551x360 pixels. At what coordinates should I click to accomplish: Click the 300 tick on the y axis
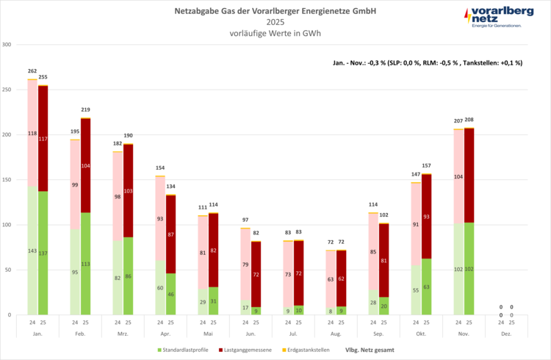pos(8,45)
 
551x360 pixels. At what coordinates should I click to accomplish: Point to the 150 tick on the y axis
pos(8,180)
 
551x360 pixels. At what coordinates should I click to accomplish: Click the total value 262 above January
pos(32,71)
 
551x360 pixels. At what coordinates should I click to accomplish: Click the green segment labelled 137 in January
pos(43,253)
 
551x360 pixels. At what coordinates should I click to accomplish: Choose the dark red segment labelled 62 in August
pos(342,279)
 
